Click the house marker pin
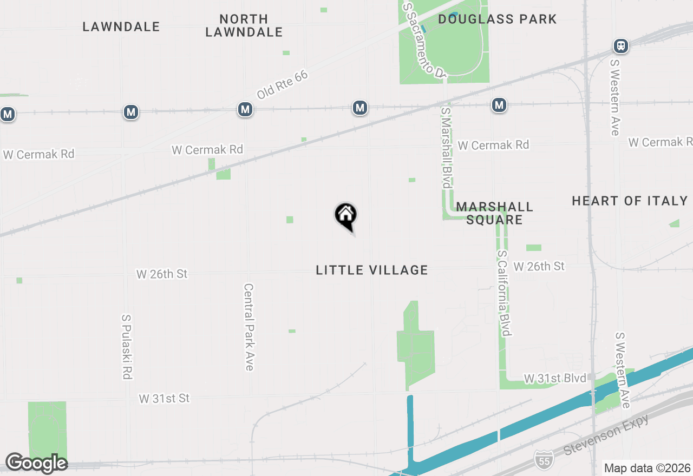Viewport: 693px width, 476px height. (345, 216)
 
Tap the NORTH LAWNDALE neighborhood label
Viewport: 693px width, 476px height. (244, 25)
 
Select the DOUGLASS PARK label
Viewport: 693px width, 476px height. (497, 19)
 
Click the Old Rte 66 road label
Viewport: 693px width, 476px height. (282, 84)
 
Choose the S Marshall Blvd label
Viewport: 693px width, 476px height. (446, 147)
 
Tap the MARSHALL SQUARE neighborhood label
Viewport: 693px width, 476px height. (494, 213)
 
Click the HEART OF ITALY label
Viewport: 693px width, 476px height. (630, 201)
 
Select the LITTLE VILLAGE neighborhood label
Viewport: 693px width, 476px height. (372, 270)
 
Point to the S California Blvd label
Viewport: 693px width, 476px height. (504, 293)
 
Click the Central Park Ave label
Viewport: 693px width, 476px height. (249, 327)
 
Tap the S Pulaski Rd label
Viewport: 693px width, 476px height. (127, 347)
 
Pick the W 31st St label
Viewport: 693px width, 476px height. (164, 399)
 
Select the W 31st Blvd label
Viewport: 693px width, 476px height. (555, 378)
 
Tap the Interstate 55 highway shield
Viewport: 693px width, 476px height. (544, 459)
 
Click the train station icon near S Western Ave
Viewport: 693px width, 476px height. (621, 46)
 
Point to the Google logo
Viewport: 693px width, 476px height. (36, 463)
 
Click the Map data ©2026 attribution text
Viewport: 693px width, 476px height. (647, 468)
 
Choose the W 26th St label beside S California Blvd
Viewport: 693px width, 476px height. (539, 266)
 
